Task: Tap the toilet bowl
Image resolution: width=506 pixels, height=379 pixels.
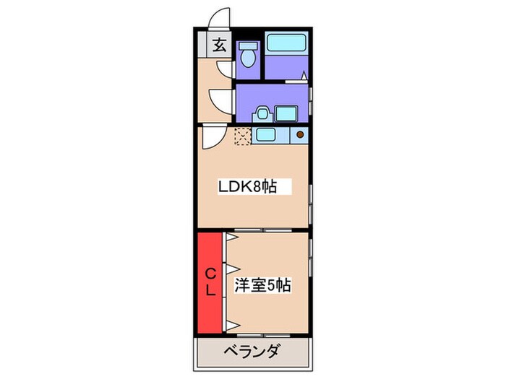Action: tap(249, 56)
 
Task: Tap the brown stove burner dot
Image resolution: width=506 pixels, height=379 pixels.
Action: tap(300, 134)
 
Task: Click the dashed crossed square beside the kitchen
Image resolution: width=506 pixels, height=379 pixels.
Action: tap(242, 136)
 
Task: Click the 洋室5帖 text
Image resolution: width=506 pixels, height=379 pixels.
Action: tap(262, 285)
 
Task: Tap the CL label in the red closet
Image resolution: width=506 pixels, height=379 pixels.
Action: tap(210, 282)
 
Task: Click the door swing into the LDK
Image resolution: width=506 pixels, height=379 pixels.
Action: tap(212, 135)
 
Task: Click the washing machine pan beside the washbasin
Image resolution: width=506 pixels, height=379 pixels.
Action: tap(286, 113)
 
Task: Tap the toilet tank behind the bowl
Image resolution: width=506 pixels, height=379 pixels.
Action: tap(249, 45)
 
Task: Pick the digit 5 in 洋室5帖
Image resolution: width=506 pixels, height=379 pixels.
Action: tap(271, 285)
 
